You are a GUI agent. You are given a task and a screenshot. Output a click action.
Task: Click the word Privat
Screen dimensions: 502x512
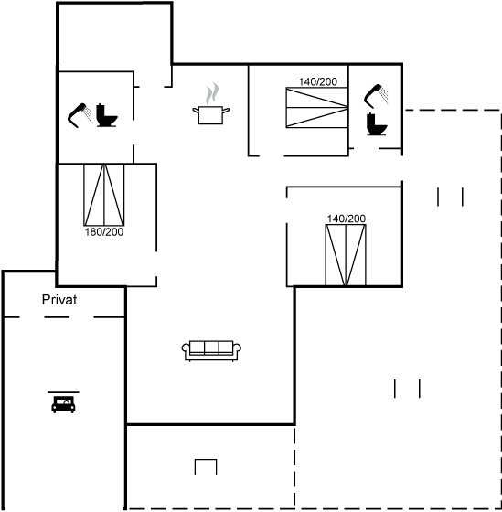59,300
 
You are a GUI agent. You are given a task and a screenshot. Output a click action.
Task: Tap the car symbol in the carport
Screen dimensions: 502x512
63,404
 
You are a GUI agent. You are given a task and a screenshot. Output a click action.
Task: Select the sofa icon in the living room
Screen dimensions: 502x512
211,351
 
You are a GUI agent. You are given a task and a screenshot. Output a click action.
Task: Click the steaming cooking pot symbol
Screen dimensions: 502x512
211,115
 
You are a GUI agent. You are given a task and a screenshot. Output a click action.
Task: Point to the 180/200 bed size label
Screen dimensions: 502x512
104,232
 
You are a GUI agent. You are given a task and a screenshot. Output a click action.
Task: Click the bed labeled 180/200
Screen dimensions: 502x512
104,195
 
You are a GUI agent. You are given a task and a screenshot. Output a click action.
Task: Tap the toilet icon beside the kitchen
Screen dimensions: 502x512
107,115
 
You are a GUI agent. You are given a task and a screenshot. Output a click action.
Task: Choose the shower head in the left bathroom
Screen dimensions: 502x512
77,116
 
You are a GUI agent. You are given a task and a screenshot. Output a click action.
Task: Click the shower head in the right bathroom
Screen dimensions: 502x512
373,96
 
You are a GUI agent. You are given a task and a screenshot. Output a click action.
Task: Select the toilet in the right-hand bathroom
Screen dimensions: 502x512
377,124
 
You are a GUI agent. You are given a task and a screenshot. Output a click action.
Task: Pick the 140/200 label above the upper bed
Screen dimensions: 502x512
318,81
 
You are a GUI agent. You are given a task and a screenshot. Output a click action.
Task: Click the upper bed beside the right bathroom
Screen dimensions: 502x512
316,108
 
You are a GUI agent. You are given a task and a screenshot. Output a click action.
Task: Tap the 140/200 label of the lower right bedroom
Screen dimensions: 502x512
347,219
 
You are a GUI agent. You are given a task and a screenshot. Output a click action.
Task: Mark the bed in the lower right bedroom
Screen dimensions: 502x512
346,255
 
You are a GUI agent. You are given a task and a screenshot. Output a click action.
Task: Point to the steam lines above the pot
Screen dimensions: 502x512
212,93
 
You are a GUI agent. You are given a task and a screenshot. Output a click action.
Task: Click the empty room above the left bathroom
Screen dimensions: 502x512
114,37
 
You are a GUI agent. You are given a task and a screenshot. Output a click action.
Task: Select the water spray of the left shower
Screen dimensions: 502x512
88,114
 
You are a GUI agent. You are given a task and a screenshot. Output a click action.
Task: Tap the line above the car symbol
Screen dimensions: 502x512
63,392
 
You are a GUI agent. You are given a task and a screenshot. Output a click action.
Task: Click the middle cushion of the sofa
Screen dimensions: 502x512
211,347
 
